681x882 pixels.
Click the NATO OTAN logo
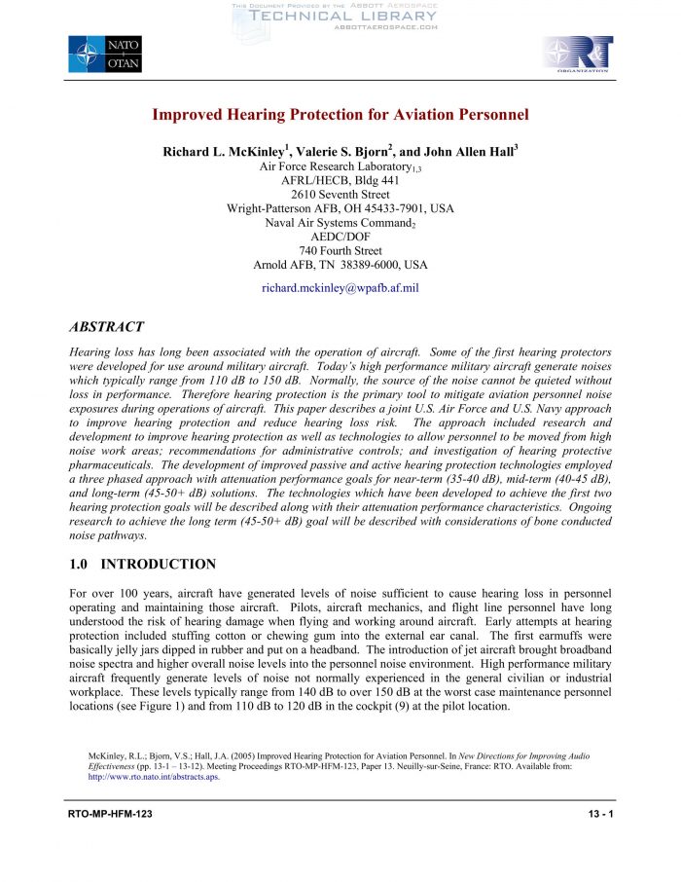(x=105, y=54)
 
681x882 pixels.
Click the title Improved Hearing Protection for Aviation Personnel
(x=340, y=115)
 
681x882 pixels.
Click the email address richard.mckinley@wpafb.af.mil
(x=340, y=288)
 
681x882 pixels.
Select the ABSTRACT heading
(x=107, y=327)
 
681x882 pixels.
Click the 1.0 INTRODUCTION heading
(x=143, y=564)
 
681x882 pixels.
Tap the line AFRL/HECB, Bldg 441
(x=340, y=181)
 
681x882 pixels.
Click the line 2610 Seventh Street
(x=340, y=195)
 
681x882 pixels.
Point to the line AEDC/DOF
(x=340, y=237)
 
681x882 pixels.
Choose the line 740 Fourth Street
(x=340, y=250)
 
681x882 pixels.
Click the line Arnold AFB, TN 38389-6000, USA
(x=340, y=265)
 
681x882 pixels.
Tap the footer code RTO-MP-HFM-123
(x=110, y=813)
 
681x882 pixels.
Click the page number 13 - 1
(x=599, y=813)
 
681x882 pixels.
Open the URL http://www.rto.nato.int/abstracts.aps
(x=154, y=778)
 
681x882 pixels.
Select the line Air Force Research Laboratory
(x=340, y=166)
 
